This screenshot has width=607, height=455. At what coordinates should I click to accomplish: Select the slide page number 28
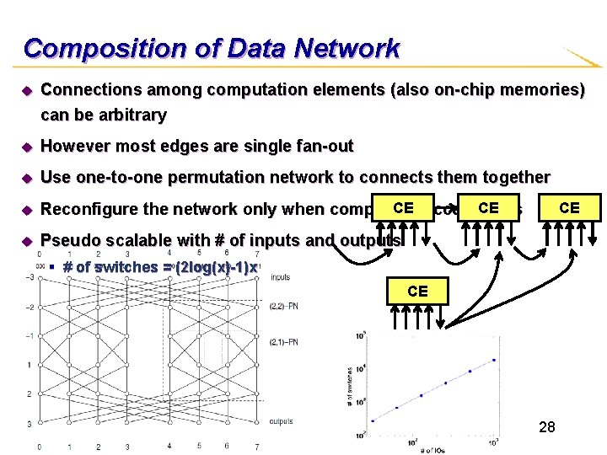point(546,428)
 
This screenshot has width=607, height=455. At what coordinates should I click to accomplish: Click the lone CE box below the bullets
point(417,292)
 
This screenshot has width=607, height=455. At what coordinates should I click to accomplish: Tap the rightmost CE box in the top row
point(569,207)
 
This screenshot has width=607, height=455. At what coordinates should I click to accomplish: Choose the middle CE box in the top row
point(488,207)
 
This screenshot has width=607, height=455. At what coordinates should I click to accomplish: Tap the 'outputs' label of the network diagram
point(282,421)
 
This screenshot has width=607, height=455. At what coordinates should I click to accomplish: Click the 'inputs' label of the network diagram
point(281,276)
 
